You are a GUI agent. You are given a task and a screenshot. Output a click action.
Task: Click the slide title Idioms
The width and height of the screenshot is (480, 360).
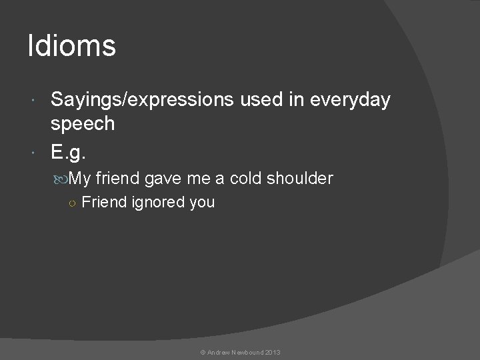pos(71,47)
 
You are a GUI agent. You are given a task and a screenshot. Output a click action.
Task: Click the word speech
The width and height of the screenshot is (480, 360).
pos(83,123)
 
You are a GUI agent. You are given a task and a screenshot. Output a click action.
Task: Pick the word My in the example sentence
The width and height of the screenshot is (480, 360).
pos(79,178)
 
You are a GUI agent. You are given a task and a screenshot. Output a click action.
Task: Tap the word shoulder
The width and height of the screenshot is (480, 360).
pos(299,178)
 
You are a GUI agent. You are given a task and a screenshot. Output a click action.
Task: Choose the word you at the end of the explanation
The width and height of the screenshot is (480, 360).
pos(202,203)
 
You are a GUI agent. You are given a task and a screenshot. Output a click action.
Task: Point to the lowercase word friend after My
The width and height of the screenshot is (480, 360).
pos(117,178)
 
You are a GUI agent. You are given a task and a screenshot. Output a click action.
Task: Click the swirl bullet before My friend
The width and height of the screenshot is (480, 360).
pos(61,179)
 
